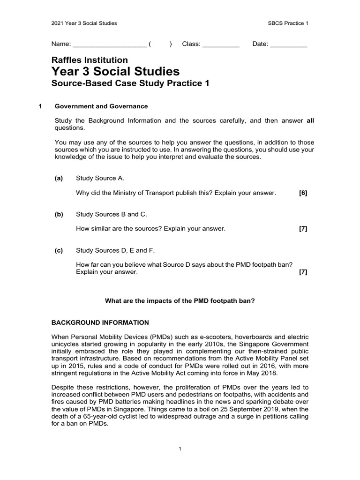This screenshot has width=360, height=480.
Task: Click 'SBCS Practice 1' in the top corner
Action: [286, 23]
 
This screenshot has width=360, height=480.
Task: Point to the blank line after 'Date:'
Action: [289, 45]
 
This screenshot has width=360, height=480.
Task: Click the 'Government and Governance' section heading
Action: [101, 106]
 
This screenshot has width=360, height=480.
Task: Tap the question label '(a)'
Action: [59, 178]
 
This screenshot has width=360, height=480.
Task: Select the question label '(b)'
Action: [59, 214]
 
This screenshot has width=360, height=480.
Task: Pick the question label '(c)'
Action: [59, 250]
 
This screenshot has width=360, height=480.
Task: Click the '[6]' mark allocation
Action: [303, 193]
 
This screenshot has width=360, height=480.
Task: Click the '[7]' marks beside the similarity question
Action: [303, 229]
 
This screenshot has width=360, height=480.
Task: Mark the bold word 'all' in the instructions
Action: [310, 120]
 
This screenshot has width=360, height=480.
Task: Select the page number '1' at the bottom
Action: [180, 449]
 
